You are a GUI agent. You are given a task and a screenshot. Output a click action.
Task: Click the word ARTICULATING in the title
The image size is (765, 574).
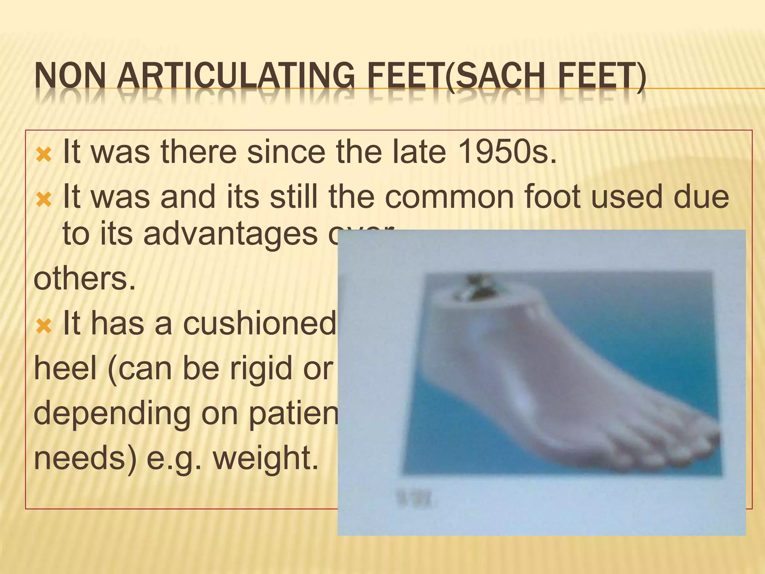235,77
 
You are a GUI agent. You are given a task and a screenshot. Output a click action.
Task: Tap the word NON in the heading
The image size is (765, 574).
70,77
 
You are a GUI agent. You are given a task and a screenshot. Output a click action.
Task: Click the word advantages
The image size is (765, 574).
230,234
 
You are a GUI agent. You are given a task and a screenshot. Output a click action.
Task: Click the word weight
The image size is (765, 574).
266,458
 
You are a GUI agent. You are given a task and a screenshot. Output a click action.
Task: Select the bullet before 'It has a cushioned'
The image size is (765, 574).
44,325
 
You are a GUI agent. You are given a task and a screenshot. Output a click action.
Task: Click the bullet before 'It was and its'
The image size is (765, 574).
44,198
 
